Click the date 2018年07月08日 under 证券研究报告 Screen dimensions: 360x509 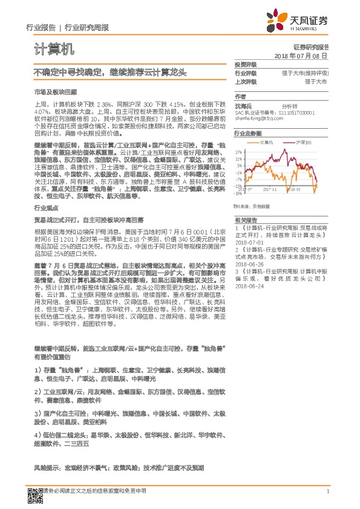point(301,55)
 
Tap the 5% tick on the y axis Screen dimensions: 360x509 point(240,165)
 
